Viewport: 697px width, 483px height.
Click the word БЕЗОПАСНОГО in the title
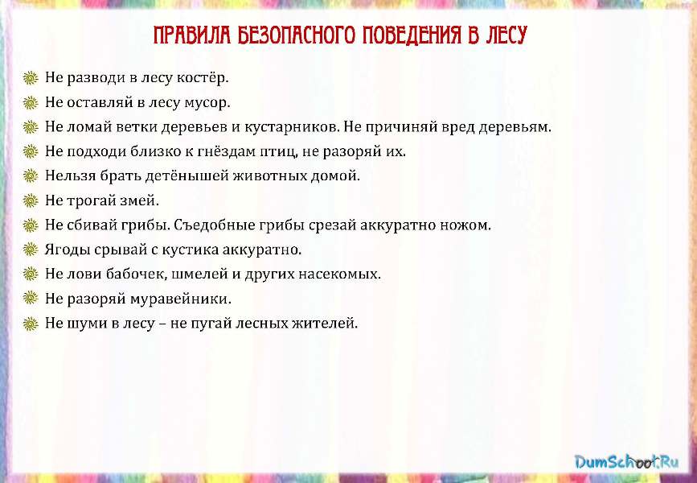coord(296,35)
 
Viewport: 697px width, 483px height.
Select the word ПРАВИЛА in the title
coord(192,35)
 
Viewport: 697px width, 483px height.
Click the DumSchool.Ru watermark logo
coord(626,461)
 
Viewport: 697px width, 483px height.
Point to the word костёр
coord(203,78)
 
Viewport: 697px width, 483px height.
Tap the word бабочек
coord(135,274)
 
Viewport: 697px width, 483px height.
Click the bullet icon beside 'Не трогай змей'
coord(31,200)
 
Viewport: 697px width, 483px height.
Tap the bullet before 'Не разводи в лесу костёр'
coord(31,78)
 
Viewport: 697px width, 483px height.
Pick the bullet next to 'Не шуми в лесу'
coord(31,324)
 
